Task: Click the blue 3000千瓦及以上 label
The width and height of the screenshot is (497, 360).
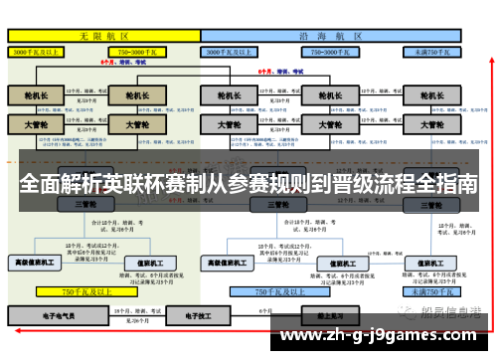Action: tap(238, 49)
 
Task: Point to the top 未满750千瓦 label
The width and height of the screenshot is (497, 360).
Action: tap(428, 49)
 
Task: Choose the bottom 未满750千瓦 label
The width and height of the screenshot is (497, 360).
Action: tap(429, 292)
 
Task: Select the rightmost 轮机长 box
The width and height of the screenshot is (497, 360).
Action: tap(433, 96)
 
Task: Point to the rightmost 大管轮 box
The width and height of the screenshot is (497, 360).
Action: tap(433, 126)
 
